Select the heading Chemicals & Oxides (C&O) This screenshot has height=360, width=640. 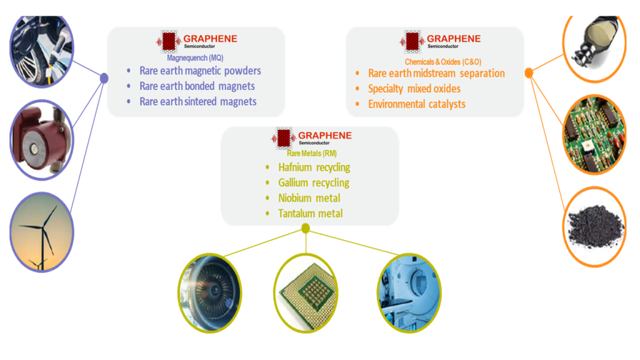coord(442,61)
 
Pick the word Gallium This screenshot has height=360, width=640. coord(294,183)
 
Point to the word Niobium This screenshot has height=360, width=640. coord(294,198)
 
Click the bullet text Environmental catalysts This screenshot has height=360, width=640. coord(417,104)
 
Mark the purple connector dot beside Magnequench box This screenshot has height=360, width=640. coord(104,78)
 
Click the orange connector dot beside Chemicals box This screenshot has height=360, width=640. coord(529,73)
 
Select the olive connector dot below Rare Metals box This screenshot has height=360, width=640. coord(306,228)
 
